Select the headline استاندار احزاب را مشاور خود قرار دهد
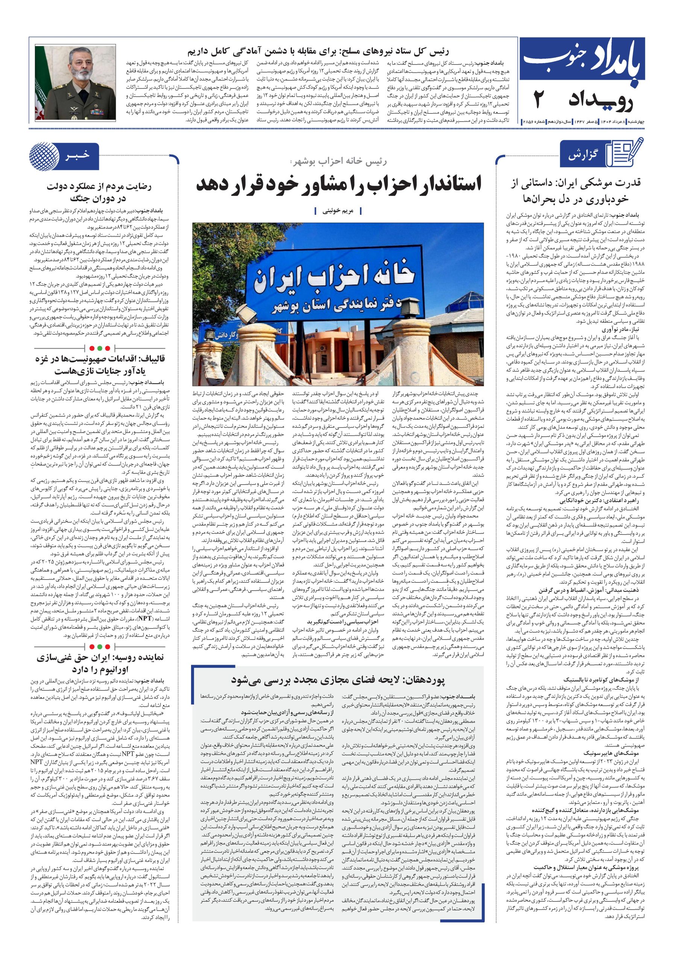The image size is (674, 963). (x=339, y=184)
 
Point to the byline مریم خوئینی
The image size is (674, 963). (x=338, y=211)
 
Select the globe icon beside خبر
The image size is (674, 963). (x=44, y=156)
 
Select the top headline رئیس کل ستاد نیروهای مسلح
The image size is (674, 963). (x=317, y=52)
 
